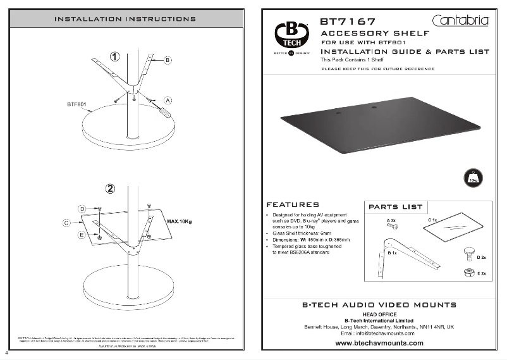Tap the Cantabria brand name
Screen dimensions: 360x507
461,20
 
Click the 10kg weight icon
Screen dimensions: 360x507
473,177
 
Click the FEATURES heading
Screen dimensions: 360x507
293,205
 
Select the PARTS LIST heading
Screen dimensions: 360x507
395,206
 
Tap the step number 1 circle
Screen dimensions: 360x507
114,56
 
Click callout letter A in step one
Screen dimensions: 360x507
168,99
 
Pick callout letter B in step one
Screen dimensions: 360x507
168,59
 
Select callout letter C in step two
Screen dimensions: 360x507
66,223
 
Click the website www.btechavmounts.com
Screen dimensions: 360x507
379,344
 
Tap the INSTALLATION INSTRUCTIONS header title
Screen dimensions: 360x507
125,18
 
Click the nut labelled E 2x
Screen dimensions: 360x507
468,272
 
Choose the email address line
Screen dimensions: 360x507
379,333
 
